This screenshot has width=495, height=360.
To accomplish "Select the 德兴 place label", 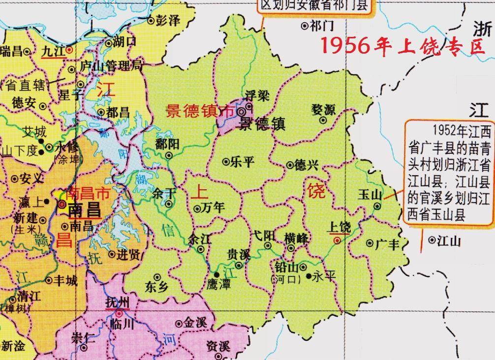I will tap(306, 165).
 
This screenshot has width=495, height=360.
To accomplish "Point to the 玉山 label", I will tap(370, 195).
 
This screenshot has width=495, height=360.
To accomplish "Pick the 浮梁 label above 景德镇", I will tap(257, 95).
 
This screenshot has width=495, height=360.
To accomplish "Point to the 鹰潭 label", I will tap(219, 284).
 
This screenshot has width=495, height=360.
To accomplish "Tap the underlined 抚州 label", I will tap(117, 303).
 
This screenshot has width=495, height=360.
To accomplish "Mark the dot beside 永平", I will tap(309, 276).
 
